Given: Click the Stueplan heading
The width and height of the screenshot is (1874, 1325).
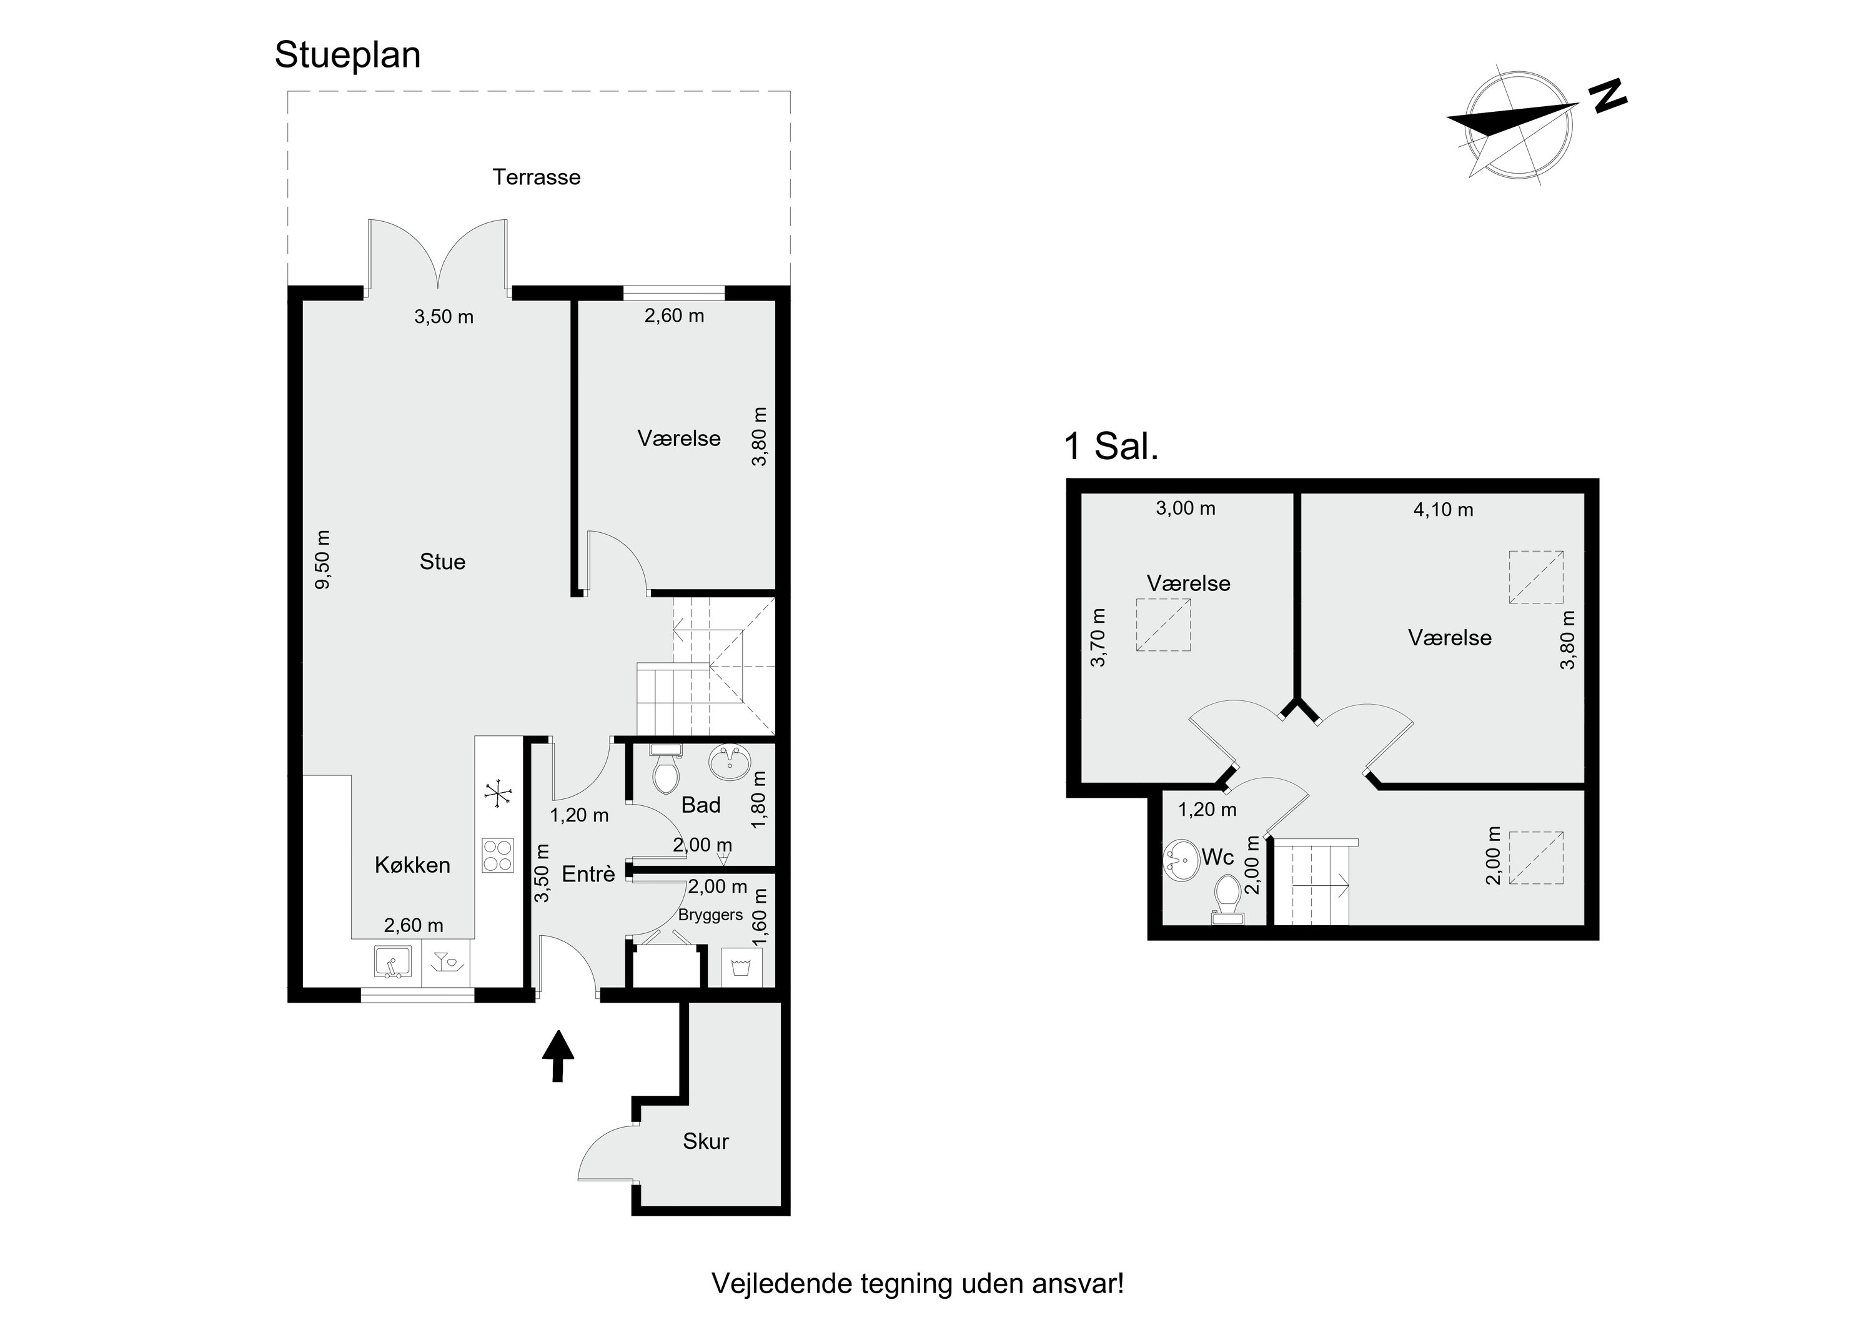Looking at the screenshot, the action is coord(348,56).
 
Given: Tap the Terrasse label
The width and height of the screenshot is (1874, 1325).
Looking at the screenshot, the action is coord(536,177).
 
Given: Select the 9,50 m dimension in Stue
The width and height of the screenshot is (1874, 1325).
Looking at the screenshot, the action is coord(323,559).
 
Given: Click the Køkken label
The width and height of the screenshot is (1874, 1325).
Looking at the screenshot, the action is coord(412,865).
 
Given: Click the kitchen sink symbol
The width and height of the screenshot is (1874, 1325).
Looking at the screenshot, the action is coord(392,961).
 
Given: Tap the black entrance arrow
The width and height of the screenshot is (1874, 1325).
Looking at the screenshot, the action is coord(558,1056).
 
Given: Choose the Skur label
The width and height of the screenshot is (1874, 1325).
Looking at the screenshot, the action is coord(705,1141).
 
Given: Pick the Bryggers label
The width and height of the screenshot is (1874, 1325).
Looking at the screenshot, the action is coord(710,915).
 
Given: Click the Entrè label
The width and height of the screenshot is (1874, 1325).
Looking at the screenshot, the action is coord(588,875).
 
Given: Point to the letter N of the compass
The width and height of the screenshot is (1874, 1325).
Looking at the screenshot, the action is coord(1607,96).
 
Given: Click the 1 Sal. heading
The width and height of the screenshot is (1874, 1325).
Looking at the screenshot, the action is coord(1111,447).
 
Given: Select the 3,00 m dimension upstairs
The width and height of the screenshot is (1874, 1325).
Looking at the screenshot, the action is coord(1185,509).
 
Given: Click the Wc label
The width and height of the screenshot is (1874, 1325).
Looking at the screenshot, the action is coord(1217,857).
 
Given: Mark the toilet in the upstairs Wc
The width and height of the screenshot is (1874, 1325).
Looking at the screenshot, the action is coord(1227,900).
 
